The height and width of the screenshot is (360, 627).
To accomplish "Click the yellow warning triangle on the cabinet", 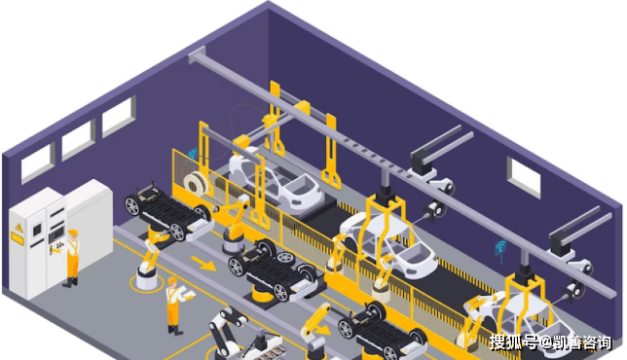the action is point(18,228).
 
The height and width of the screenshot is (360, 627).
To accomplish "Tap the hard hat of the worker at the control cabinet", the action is point(72,233).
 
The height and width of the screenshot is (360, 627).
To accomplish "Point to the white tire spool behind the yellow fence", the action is point(197,183).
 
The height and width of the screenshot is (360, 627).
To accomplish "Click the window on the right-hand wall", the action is point(524,177).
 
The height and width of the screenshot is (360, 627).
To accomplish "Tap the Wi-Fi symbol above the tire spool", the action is point(193,155).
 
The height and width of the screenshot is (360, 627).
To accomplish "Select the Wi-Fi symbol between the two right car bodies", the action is point(500,249).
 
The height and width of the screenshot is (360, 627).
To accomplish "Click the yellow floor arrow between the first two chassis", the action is point(203,264).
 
